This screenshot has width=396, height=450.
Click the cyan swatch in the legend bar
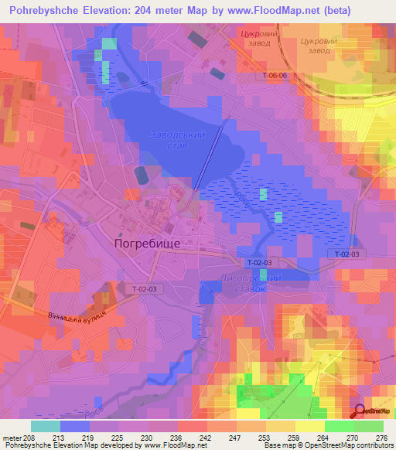[45, 426]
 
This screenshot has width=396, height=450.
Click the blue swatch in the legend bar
[74, 426]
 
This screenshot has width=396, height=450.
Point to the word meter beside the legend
[11, 437]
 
